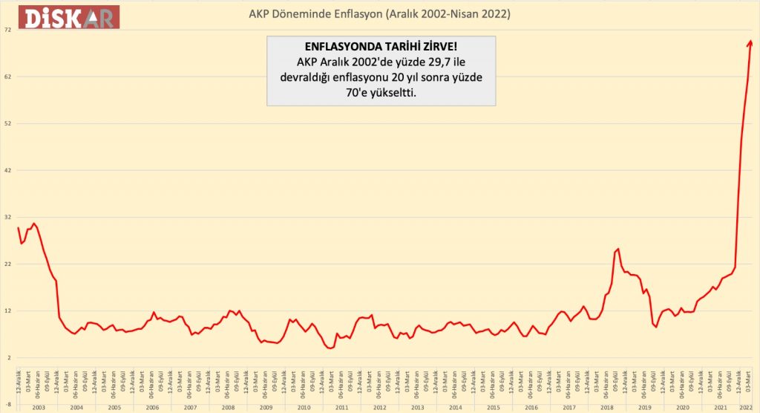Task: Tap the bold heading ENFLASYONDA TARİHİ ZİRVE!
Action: coord(381,46)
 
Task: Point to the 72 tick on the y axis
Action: coord(7,30)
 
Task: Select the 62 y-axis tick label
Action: coord(7,77)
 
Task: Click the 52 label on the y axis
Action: coord(7,123)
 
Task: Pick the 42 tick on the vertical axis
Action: coord(7,170)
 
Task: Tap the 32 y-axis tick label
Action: coord(7,217)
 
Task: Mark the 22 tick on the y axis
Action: coord(7,264)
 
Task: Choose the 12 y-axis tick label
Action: coord(7,310)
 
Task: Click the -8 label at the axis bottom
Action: coord(7,404)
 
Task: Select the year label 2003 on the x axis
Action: coord(39,408)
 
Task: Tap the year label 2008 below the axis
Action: coord(228,408)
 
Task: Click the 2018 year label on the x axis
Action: coord(606,408)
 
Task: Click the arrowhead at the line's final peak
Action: coord(750,42)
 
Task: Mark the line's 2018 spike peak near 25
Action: coord(617,249)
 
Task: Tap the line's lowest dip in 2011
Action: coord(331,348)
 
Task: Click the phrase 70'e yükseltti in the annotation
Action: coord(381,94)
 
